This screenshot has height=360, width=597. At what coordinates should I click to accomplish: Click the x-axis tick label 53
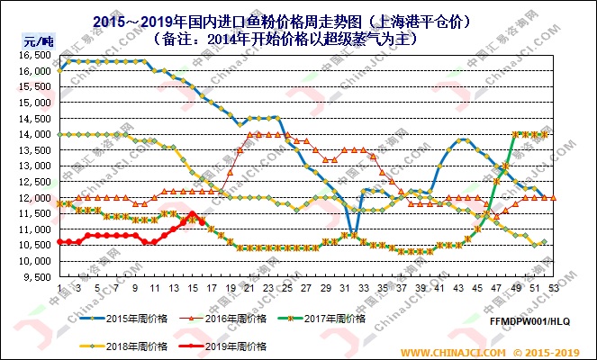tap(553, 288)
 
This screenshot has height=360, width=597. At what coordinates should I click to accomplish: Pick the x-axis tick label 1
tap(59, 288)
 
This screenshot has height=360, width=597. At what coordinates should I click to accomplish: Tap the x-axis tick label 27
tap(306, 288)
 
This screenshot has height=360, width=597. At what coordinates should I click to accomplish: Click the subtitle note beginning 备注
tap(297, 39)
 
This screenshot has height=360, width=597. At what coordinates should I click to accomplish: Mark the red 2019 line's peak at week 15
tap(192, 213)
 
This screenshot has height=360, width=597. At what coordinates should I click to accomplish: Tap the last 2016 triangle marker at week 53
tap(553, 197)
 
